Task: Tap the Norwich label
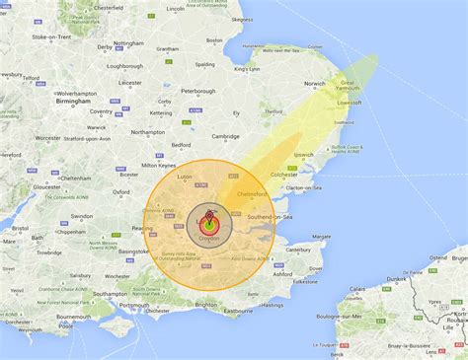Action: click(x=315, y=83)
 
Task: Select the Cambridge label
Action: click(x=225, y=136)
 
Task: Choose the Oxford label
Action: click(x=121, y=192)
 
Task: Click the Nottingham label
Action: click(x=128, y=44)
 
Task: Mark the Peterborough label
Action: click(x=197, y=91)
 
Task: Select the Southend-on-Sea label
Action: click(x=270, y=216)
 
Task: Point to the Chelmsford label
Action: click(x=254, y=195)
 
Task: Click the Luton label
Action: click(x=184, y=177)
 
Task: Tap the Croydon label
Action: click(x=209, y=240)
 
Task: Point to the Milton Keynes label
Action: click(x=158, y=165)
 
